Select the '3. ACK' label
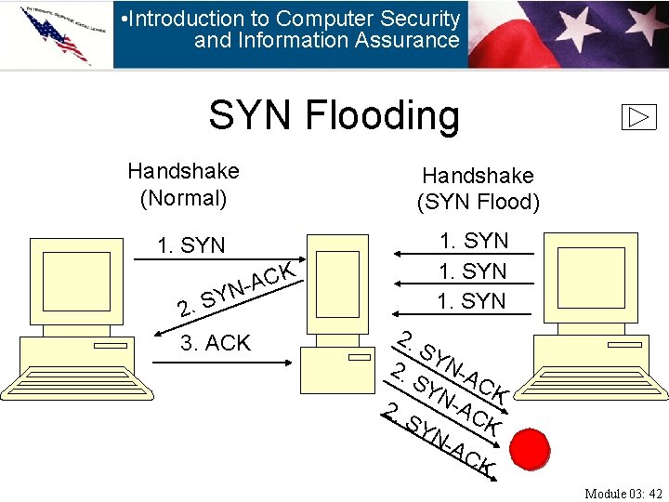[216, 343]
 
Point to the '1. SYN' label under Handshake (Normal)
[191, 245]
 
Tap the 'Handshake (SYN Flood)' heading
[478, 189]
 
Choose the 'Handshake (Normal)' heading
[183, 184]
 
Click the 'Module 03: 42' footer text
[623, 493]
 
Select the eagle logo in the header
[56, 33]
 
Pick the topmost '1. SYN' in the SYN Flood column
[474, 241]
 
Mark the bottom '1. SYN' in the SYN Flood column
[474, 301]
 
